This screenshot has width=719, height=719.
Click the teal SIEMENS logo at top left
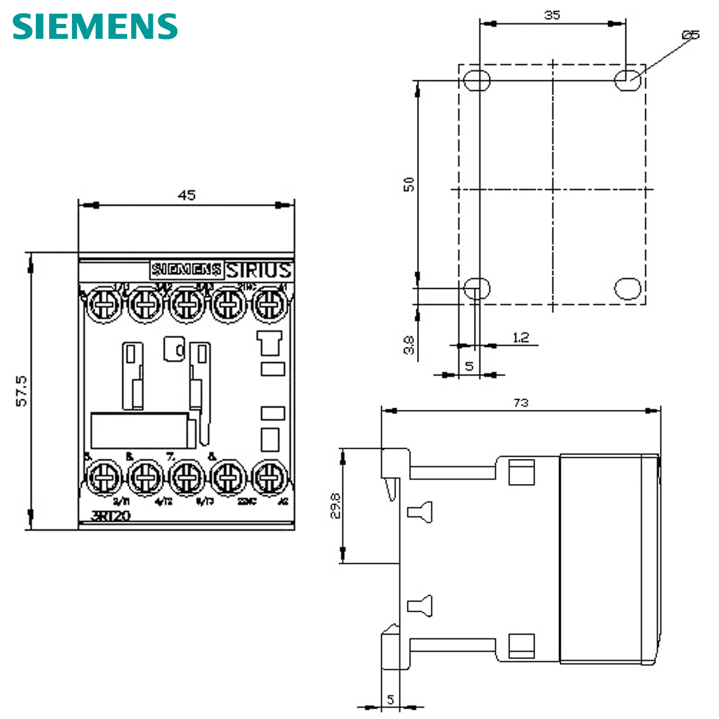click(x=95, y=26)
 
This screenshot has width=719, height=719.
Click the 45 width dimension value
click(x=186, y=195)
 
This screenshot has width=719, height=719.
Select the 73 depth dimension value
click(x=521, y=403)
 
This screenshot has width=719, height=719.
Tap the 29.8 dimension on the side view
click(x=336, y=506)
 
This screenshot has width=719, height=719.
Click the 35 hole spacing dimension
click(x=552, y=15)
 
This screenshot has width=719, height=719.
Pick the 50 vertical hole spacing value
click(x=409, y=184)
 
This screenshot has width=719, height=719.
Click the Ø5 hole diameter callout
click(x=690, y=35)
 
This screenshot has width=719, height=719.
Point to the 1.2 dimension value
click(x=521, y=338)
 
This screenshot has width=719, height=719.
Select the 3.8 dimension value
click(x=409, y=345)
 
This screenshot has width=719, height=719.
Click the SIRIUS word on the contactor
click(x=259, y=270)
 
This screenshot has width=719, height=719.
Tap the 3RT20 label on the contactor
click(x=110, y=516)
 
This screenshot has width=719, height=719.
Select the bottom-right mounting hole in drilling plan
click(x=627, y=288)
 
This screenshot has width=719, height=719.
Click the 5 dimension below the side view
click(x=390, y=699)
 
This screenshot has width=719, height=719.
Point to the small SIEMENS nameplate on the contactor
click(x=186, y=270)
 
